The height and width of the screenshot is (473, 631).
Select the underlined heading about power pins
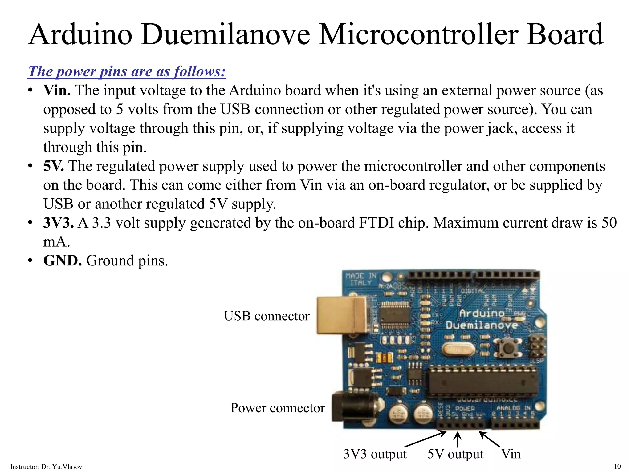[127, 71]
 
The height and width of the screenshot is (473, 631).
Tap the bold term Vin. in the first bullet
[57, 91]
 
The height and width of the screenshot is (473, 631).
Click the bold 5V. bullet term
[54, 166]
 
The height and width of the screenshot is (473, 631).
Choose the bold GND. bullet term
[62, 261]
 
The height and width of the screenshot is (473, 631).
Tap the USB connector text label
[267, 316]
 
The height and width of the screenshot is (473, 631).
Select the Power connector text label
[277, 408]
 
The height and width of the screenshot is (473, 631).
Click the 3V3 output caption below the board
[375, 454]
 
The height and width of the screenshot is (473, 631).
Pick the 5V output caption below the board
[455, 454]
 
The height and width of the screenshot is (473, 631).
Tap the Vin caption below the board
[511, 454]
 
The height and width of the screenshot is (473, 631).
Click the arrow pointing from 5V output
[458, 439]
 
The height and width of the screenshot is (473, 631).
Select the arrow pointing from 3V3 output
[425, 439]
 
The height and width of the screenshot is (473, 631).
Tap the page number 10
[617, 466]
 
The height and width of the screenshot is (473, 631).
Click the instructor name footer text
[46, 467]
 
